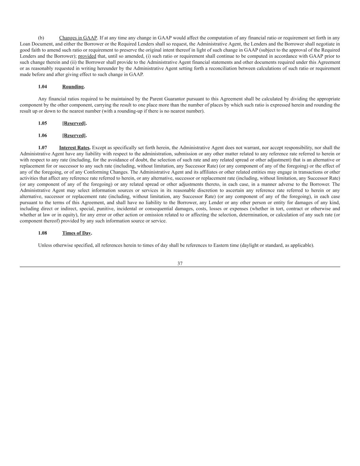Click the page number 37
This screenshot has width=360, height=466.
(x=180, y=264)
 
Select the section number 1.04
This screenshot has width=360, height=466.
(x=43, y=87)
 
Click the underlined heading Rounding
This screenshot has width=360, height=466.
(x=73, y=87)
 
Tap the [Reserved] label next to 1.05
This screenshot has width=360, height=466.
(x=74, y=123)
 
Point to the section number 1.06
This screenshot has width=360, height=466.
(x=43, y=136)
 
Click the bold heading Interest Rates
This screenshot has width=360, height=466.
(x=74, y=148)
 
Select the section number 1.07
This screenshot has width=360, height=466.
(x=43, y=148)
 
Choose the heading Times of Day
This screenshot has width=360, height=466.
(x=76, y=233)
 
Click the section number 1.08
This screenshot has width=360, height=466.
(x=43, y=233)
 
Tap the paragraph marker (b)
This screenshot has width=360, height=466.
(x=41, y=38)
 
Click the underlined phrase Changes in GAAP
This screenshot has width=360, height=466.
(x=78, y=38)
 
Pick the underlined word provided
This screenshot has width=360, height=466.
(x=87, y=56)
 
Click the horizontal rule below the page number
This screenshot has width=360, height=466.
(x=180, y=267)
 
